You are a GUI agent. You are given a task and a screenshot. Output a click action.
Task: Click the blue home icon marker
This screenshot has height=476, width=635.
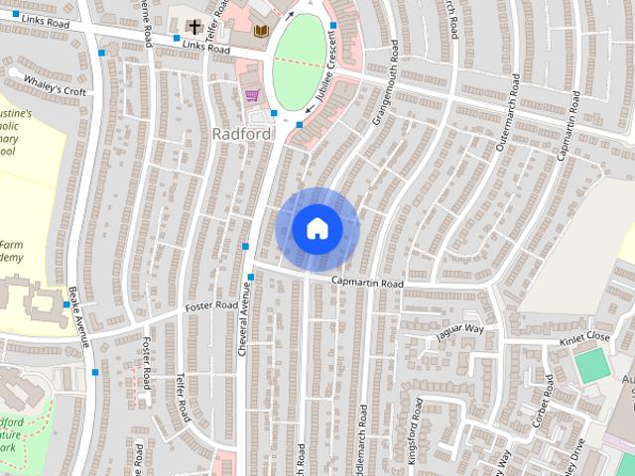pyautogui.click(x=317, y=228)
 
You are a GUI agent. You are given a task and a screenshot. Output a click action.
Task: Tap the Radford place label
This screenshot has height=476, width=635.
pyautogui.click(x=241, y=133)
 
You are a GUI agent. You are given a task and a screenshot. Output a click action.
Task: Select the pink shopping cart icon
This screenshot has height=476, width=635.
pyautogui.click(x=252, y=95)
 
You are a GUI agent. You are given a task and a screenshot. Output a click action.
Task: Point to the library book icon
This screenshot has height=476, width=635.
pyautogui.click(x=261, y=33)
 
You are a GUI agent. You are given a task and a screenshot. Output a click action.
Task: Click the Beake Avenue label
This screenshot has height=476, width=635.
pyautogui.click(x=79, y=316)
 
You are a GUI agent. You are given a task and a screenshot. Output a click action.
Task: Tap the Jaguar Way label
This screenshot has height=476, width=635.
pyautogui.click(x=460, y=330)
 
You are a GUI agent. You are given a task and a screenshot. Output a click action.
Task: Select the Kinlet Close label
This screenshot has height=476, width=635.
pyautogui.click(x=583, y=337)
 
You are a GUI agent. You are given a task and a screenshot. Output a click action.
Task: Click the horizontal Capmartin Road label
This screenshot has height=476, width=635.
pyautogui.click(x=367, y=284)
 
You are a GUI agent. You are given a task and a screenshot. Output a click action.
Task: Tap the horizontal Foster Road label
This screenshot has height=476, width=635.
pyautogui.click(x=211, y=304)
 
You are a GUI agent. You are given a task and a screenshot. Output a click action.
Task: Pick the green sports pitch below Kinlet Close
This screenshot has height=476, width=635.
pyautogui.click(x=592, y=366)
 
